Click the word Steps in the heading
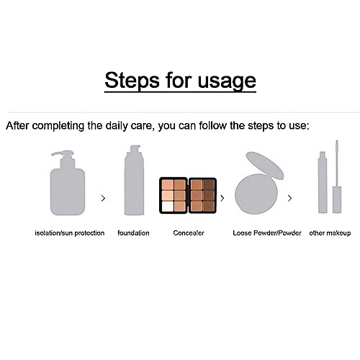point(132,80)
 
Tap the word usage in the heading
point(227,81)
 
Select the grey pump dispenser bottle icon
point(68,183)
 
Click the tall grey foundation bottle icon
point(134,180)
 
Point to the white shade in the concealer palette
point(168,207)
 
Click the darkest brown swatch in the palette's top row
point(209,184)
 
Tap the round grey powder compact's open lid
point(264,166)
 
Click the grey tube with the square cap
point(323,182)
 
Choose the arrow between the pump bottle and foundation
point(103,198)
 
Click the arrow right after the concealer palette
point(222,198)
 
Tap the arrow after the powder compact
point(289,198)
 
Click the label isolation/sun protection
point(70,233)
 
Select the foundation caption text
point(133,233)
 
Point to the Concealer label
point(189,233)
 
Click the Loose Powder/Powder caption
point(267,233)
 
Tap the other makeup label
point(330,233)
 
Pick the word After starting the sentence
point(17,125)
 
